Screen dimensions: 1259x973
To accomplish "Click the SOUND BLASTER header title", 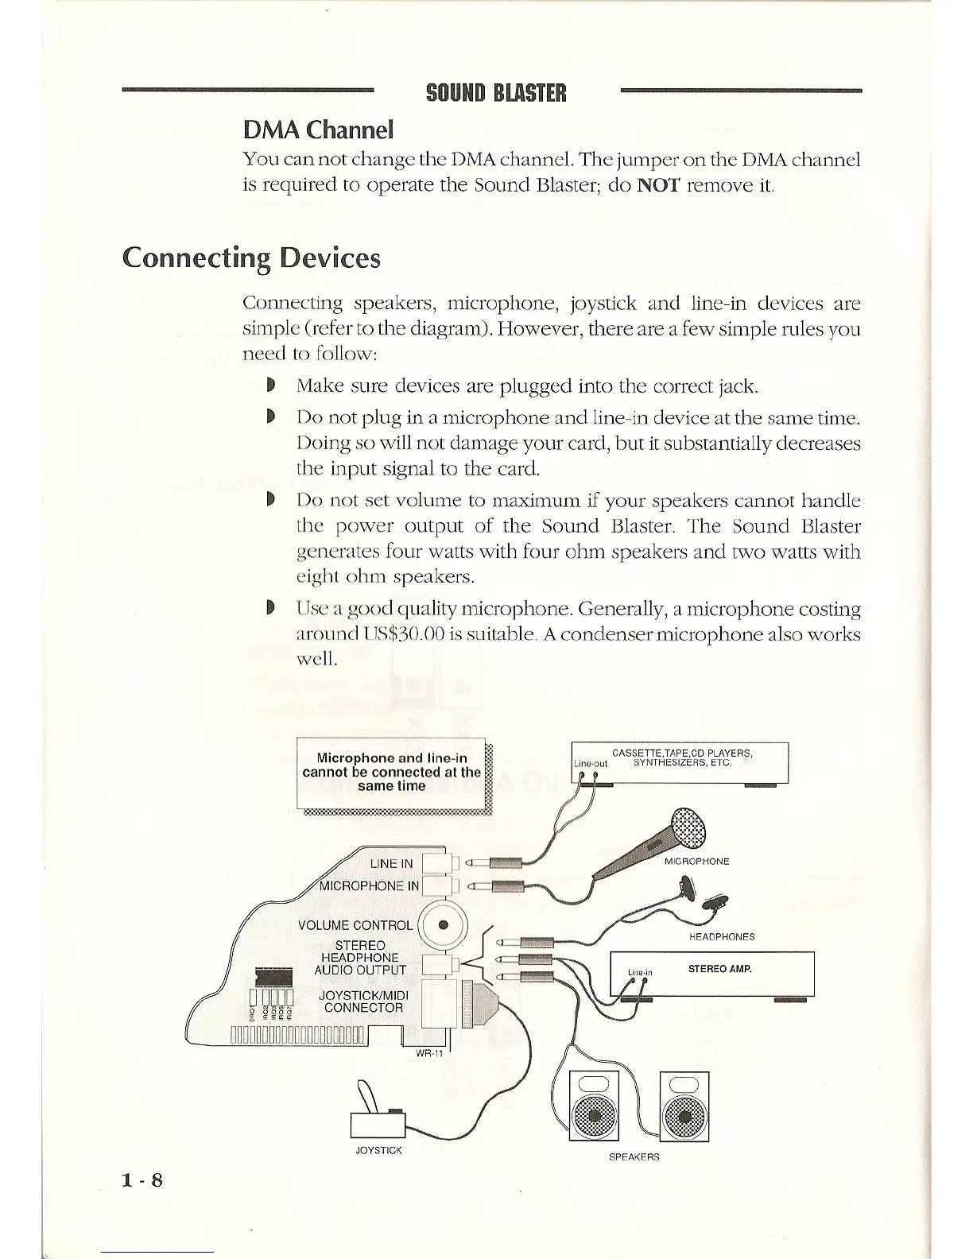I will click(496, 93).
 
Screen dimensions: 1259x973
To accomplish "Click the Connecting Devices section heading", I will click(251, 258).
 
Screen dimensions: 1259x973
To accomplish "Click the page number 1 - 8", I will click(143, 1180).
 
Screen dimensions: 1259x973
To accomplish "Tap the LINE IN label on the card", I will click(391, 864).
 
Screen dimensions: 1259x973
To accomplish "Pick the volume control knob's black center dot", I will click(444, 924).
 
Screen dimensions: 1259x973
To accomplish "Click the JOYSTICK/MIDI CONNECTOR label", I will click(362, 1001).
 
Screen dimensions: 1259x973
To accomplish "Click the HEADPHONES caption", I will click(722, 936).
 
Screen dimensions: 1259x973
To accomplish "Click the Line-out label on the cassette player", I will click(591, 763).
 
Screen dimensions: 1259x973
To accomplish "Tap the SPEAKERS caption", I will click(634, 1156).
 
